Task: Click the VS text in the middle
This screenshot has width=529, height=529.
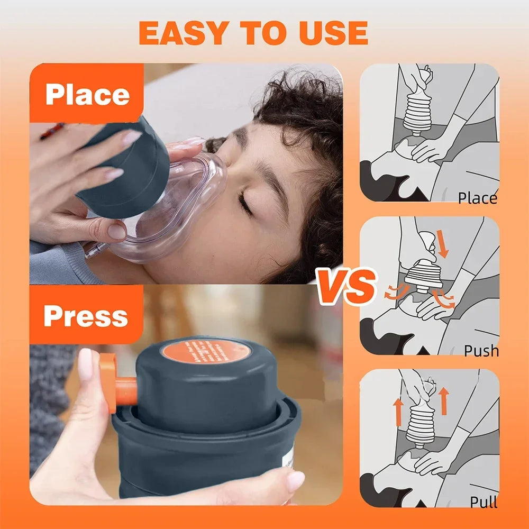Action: [x=346, y=286]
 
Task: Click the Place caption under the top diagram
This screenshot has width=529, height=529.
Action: [x=477, y=198]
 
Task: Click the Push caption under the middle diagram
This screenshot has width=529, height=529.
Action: [x=481, y=350]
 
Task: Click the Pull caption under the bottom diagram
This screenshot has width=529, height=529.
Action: [x=484, y=501]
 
